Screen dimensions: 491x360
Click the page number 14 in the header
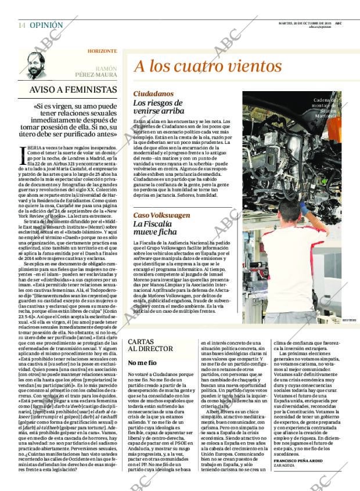[21, 26]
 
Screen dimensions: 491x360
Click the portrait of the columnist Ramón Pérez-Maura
[39, 64]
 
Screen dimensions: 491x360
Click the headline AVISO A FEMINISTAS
[73, 90]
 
